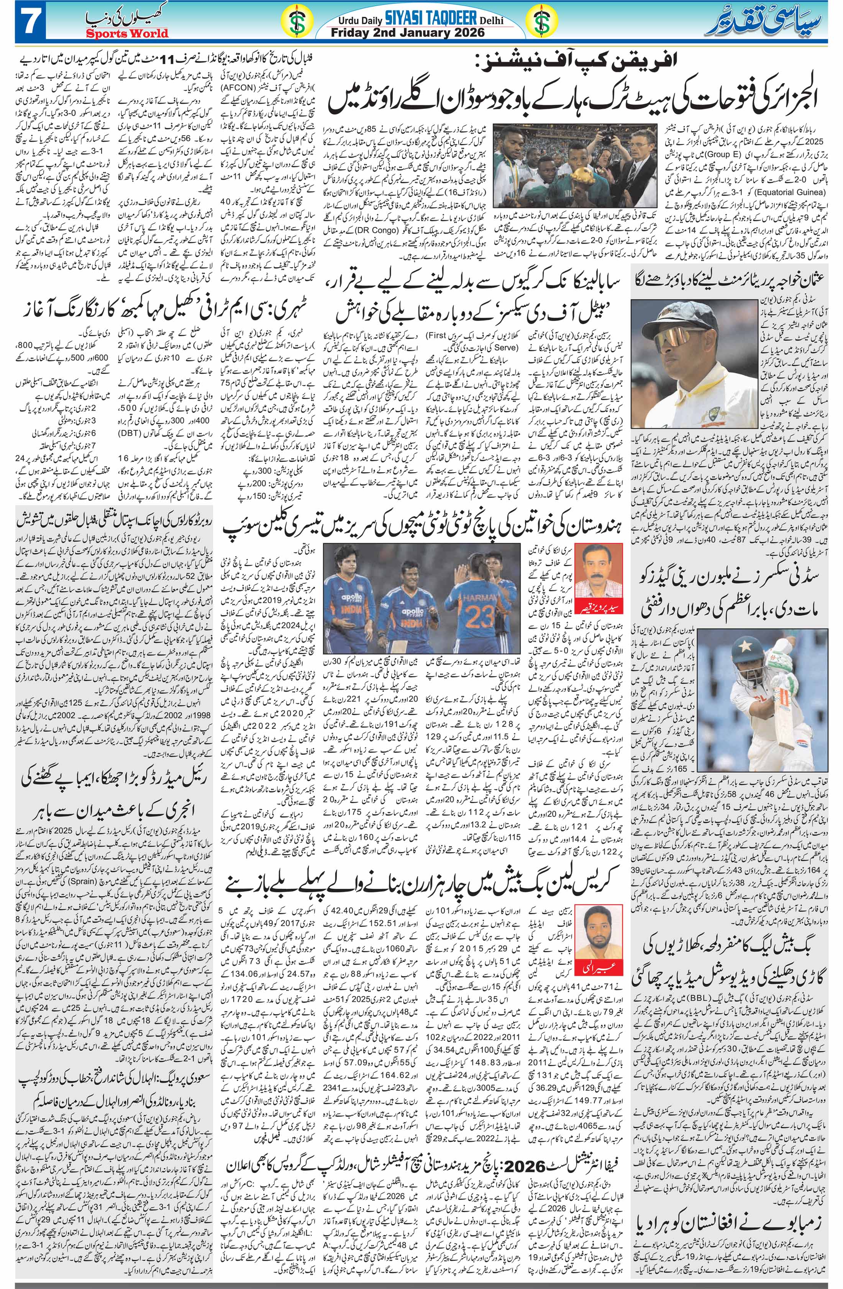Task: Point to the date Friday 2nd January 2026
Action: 423,34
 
